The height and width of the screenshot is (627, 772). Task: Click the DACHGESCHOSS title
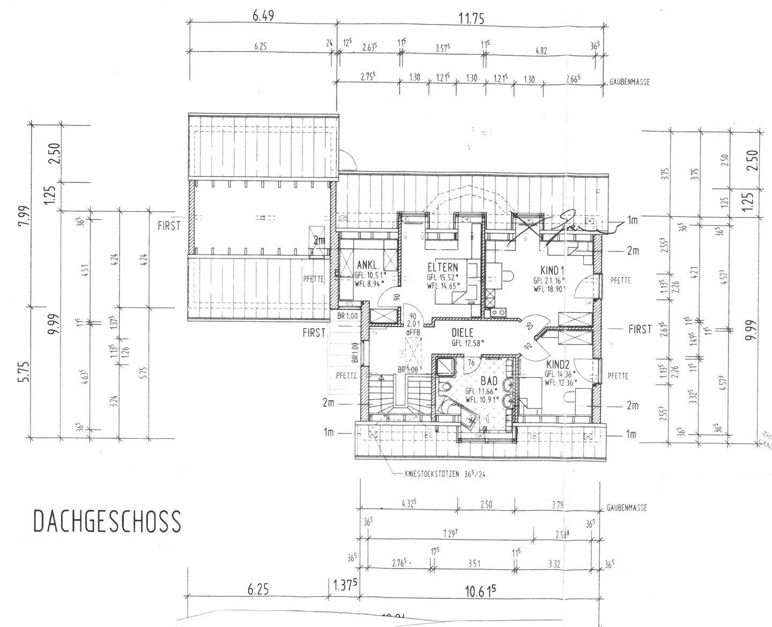(107, 521)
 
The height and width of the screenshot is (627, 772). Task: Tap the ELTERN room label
(443, 267)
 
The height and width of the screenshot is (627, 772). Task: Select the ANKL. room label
(368, 265)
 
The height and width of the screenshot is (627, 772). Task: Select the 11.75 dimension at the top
(471, 19)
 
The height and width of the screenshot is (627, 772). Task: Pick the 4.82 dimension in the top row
(541, 51)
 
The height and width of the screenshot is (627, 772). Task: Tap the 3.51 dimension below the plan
(474, 563)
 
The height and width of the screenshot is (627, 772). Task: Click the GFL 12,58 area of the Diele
(467, 343)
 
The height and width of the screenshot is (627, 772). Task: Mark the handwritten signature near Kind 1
(568, 223)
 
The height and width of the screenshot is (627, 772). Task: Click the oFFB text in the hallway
(413, 333)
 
